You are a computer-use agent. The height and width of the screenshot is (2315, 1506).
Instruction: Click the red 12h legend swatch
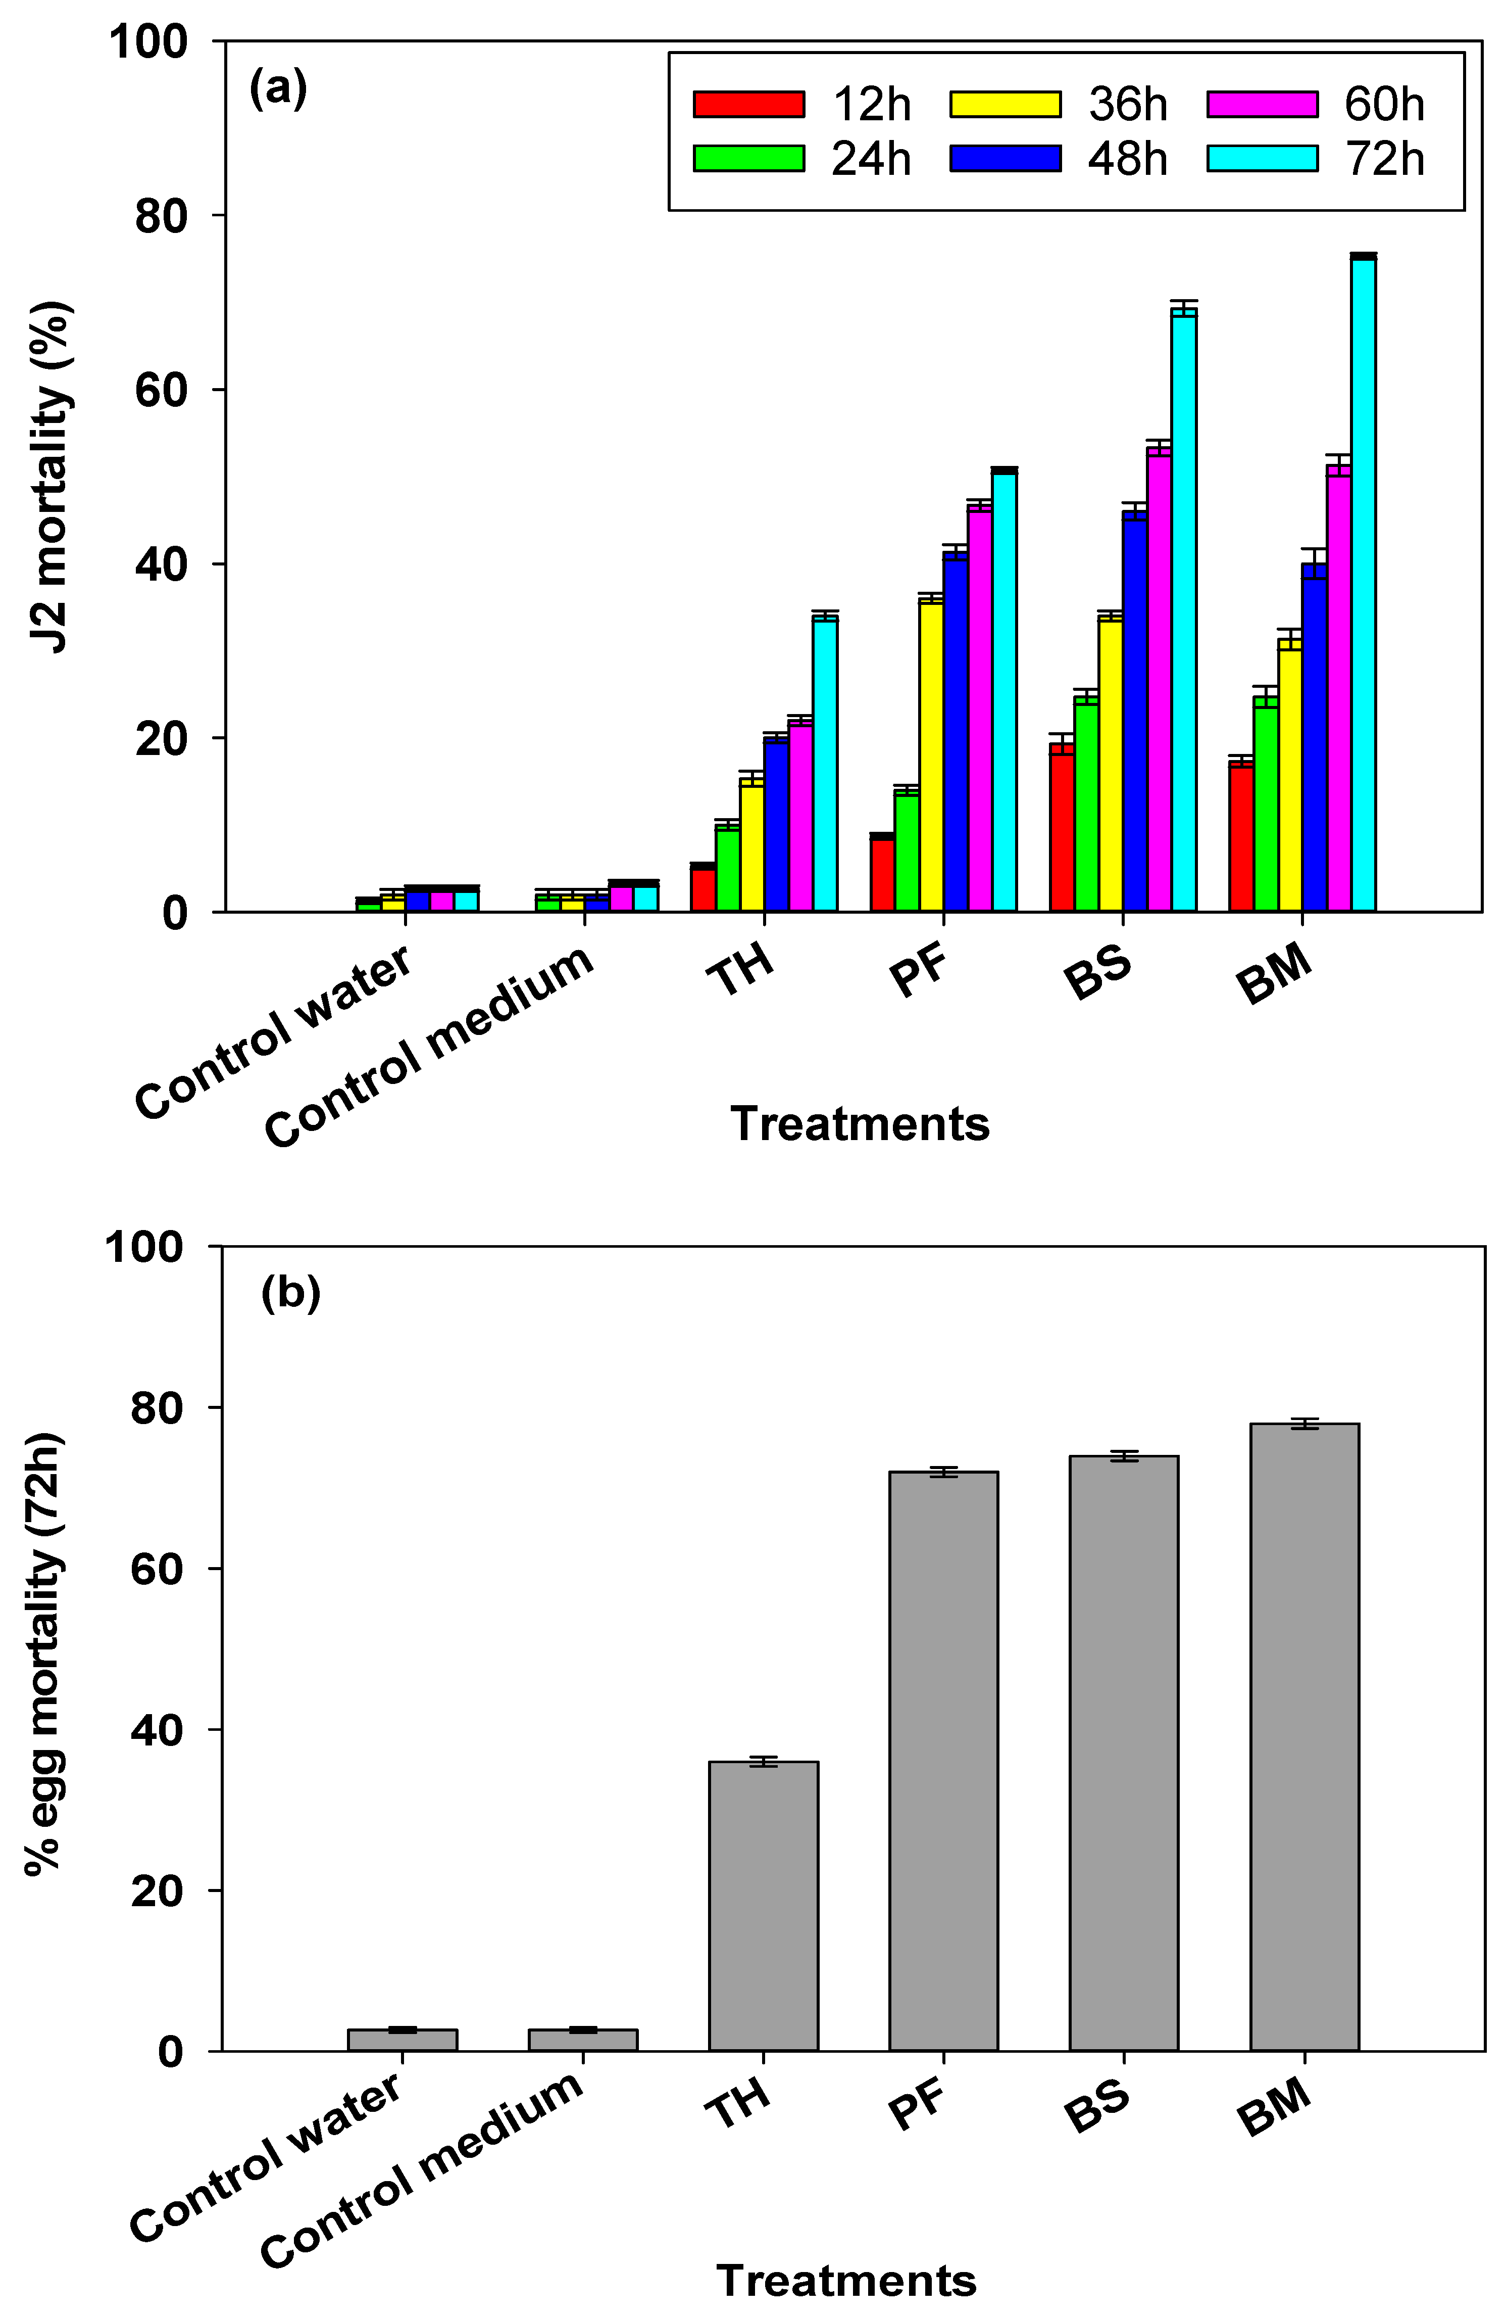pyautogui.click(x=748, y=104)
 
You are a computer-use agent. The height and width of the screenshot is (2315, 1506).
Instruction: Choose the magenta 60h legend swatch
pyautogui.click(x=1262, y=104)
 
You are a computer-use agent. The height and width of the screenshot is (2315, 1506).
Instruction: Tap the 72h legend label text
pyautogui.click(x=1384, y=159)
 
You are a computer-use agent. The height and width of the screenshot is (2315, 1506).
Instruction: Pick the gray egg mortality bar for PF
pyautogui.click(x=943, y=1761)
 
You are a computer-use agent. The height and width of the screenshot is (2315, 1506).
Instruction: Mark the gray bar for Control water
pyautogui.click(x=403, y=2040)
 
